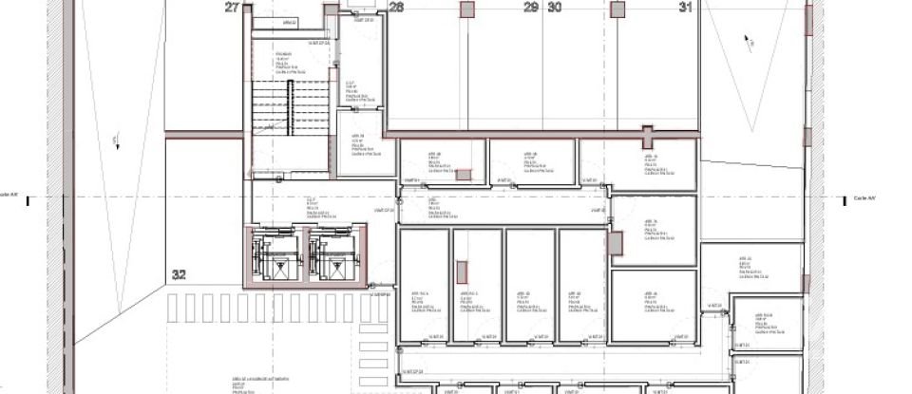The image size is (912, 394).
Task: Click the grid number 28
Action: (397, 8)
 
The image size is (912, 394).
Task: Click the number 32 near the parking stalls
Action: (179, 274)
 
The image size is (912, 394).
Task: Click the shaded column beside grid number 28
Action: (466, 9)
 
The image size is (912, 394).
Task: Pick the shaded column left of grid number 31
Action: (617, 9)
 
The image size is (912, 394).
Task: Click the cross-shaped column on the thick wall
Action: (647, 133)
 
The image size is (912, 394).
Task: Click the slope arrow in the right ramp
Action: (749, 41)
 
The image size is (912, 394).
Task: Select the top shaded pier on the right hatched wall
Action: (810, 20)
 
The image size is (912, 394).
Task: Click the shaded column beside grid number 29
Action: (466, 9)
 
